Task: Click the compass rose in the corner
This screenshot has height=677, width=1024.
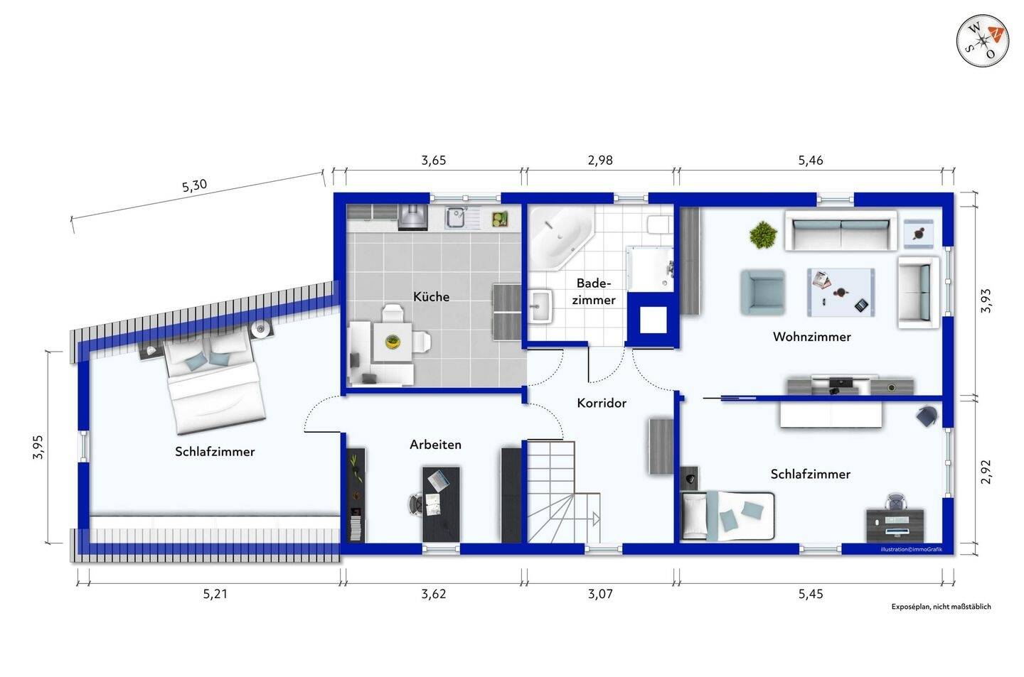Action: click(x=982, y=40)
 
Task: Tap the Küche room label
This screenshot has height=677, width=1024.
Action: click(x=431, y=296)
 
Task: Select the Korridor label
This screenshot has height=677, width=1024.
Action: click(x=602, y=403)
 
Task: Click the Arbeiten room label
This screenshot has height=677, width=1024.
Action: click(x=435, y=445)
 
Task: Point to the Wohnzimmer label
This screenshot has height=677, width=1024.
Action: click(x=811, y=337)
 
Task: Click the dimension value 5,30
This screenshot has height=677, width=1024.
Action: click(x=194, y=186)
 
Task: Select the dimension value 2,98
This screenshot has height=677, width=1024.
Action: click(x=599, y=161)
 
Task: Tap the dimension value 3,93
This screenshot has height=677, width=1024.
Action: click(x=985, y=300)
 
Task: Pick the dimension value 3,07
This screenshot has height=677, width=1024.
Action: click(x=599, y=594)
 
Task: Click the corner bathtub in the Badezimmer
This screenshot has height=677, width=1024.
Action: click(x=558, y=235)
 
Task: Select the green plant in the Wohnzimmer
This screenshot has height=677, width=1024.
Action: click(x=763, y=234)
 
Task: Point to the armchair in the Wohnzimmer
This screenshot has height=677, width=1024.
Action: click(x=762, y=292)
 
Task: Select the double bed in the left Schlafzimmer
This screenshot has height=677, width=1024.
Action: click(x=212, y=384)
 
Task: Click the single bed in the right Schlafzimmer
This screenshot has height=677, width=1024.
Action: click(x=725, y=515)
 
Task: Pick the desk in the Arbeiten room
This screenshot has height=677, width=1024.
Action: click(x=441, y=503)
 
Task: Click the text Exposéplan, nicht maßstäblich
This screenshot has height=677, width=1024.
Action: click(x=940, y=607)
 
